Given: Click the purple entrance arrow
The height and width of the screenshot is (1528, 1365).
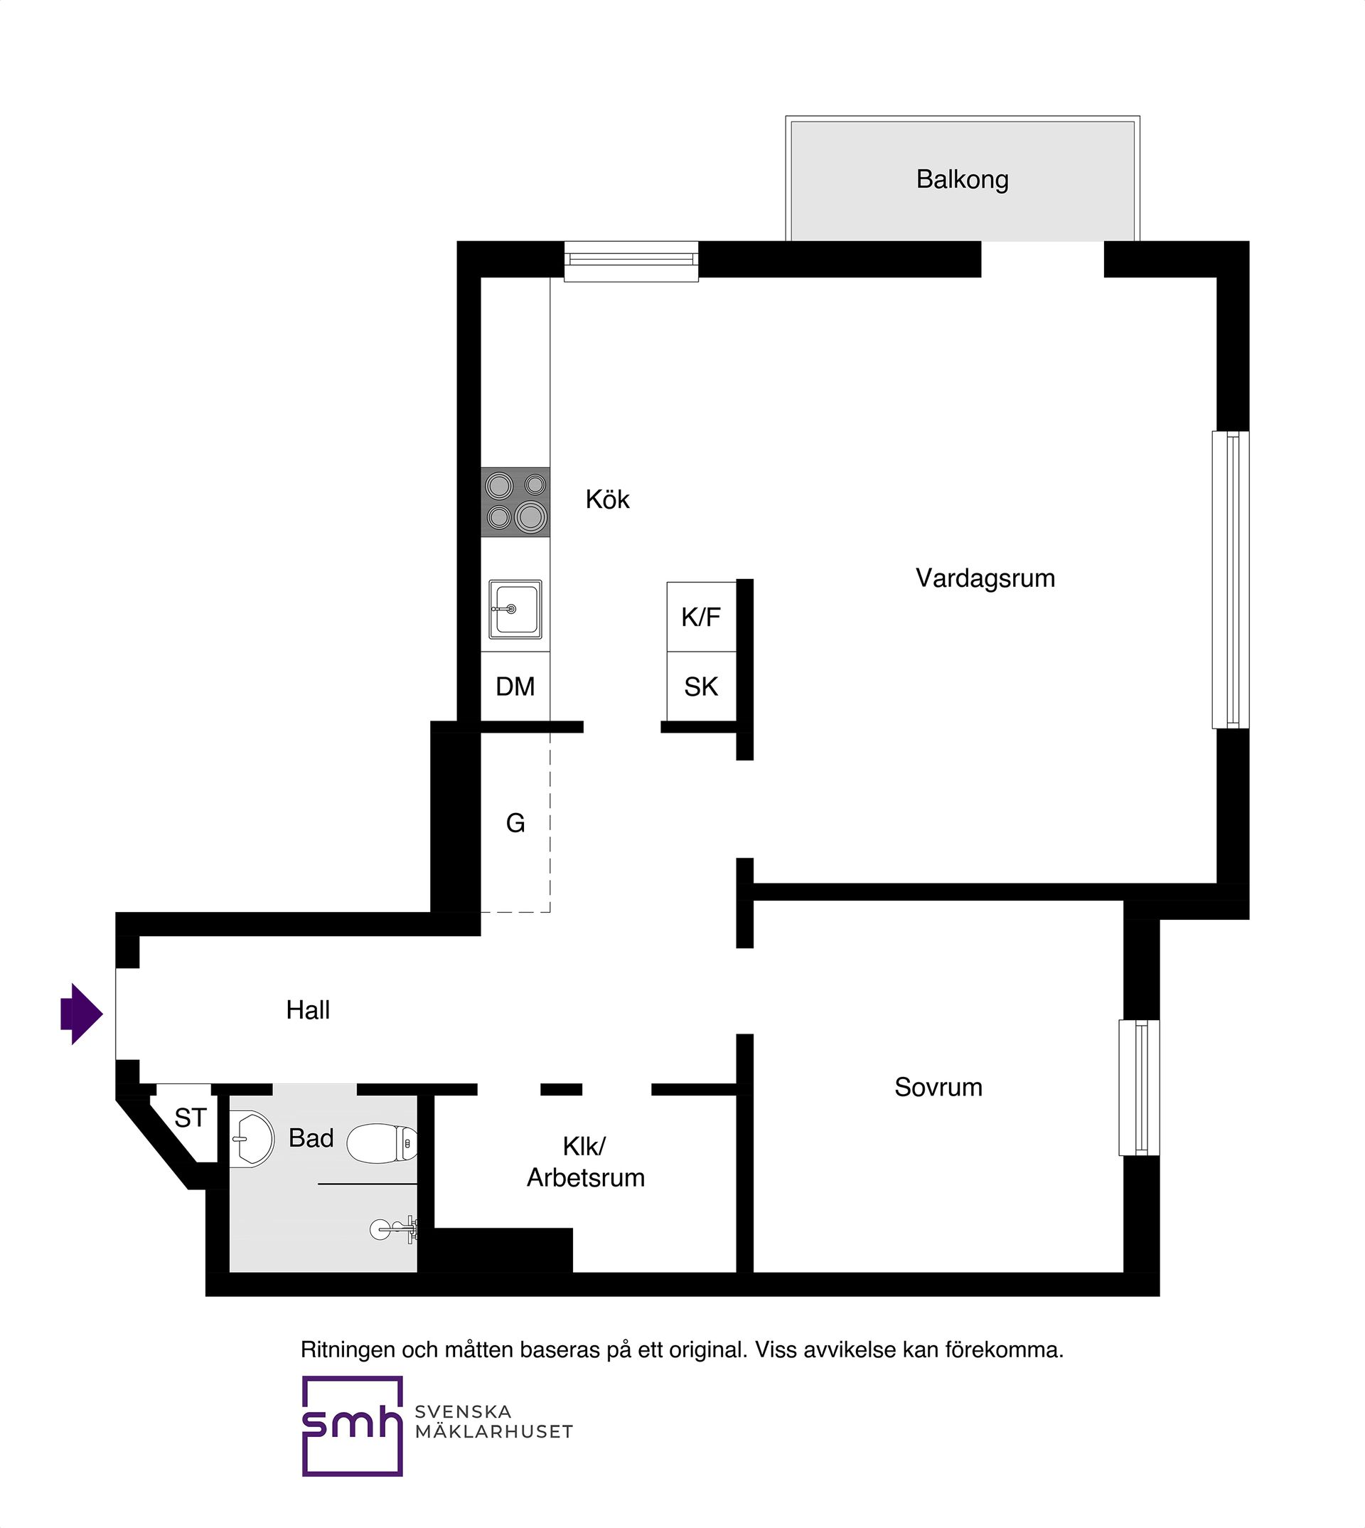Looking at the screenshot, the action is (81, 1014).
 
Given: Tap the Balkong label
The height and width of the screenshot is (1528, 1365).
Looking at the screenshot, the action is (962, 180).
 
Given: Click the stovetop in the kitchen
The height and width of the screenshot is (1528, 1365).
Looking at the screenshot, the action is (515, 502).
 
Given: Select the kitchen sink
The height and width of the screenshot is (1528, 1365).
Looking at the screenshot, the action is (515, 610).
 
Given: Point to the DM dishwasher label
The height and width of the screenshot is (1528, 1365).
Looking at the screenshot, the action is (515, 686).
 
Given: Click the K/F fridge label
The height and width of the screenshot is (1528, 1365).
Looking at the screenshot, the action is (701, 617).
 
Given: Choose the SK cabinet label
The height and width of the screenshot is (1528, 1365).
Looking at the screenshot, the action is (701, 686).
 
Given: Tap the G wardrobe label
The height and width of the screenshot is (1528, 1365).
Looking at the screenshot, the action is (515, 823).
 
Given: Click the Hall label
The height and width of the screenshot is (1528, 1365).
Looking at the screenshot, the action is (308, 1010).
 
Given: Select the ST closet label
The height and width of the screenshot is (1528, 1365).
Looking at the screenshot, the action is (190, 1118).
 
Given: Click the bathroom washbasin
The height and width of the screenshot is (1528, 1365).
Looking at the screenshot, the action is (251, 1140).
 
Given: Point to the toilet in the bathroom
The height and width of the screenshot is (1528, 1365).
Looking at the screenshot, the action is (382, 1143).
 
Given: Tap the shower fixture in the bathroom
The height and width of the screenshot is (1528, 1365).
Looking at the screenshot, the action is (395, 1229).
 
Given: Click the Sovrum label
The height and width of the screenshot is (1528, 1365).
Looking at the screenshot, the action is (938, 1088).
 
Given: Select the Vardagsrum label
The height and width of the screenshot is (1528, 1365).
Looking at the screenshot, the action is (985, 578).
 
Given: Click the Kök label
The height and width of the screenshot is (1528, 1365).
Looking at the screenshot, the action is (608, 499).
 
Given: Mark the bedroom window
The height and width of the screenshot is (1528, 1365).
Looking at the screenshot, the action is (1138, 1088).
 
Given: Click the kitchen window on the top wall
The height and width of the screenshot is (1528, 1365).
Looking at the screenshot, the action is (631, 260).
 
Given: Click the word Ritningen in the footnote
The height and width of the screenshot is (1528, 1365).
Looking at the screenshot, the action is (348, 1350).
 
